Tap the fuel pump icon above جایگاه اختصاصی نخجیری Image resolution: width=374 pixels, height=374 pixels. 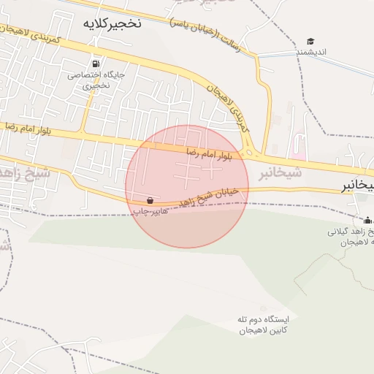97,63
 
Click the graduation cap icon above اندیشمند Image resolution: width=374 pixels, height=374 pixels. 310,42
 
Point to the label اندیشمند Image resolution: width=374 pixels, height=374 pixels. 310,53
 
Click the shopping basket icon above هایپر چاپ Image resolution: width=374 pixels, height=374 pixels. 150,199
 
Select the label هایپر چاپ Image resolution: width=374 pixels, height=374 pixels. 150,210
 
